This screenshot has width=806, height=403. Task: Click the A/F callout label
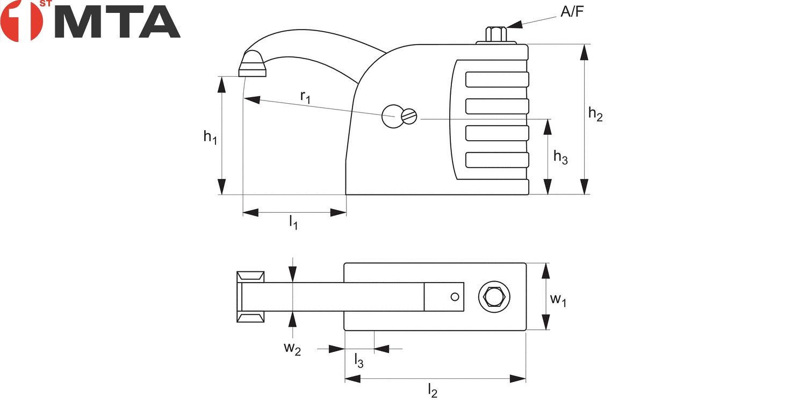coord(572,12)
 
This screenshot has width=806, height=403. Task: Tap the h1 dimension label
coord(210,137)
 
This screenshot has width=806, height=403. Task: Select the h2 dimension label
coord(595,114)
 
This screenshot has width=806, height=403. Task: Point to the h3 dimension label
coord(560,157)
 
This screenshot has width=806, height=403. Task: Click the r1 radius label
coord(305,97)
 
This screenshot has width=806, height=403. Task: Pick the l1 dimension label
coord(293,222)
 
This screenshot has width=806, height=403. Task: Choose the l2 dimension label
coord(433,391)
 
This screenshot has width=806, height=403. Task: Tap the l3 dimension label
coord(359,361)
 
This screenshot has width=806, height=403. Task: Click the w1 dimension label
coord(558,300)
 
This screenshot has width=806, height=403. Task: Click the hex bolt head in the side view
coord(496,34)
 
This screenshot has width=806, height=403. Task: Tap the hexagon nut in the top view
coord(494,297)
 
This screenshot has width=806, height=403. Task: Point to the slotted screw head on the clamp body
coord(409,116)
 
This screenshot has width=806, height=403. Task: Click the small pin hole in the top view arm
coord(455,297)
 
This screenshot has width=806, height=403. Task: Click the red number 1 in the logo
coord(21,21)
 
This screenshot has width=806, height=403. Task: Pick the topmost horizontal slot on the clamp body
coord(497,80)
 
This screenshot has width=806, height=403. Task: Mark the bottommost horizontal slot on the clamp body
coord(497,160)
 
